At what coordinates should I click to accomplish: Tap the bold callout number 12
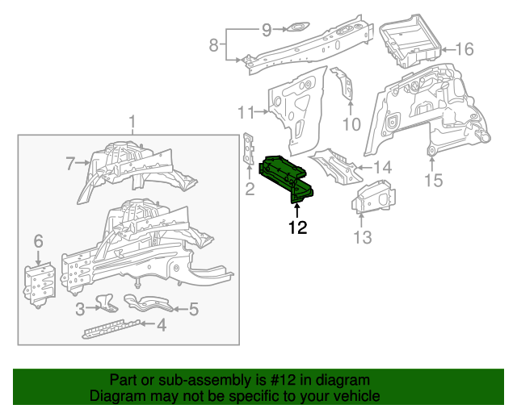[x=296, y=227]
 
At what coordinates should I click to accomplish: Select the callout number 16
[x=464, y=49]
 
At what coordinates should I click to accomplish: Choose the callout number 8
[x=213, y=45]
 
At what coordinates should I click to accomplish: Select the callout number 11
[x=246, y=111]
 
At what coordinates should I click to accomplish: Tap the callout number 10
[x=351, y=123]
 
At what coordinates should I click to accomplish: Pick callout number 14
[x=382, y=168]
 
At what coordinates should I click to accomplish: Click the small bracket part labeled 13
[x=372, y=197]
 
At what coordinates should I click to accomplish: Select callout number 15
[x=434, y=180]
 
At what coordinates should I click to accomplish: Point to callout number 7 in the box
[x=71, y=165]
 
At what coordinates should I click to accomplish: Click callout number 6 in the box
[x=38, y=241]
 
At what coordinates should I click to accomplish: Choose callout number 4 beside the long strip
[x=162, y=325]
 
